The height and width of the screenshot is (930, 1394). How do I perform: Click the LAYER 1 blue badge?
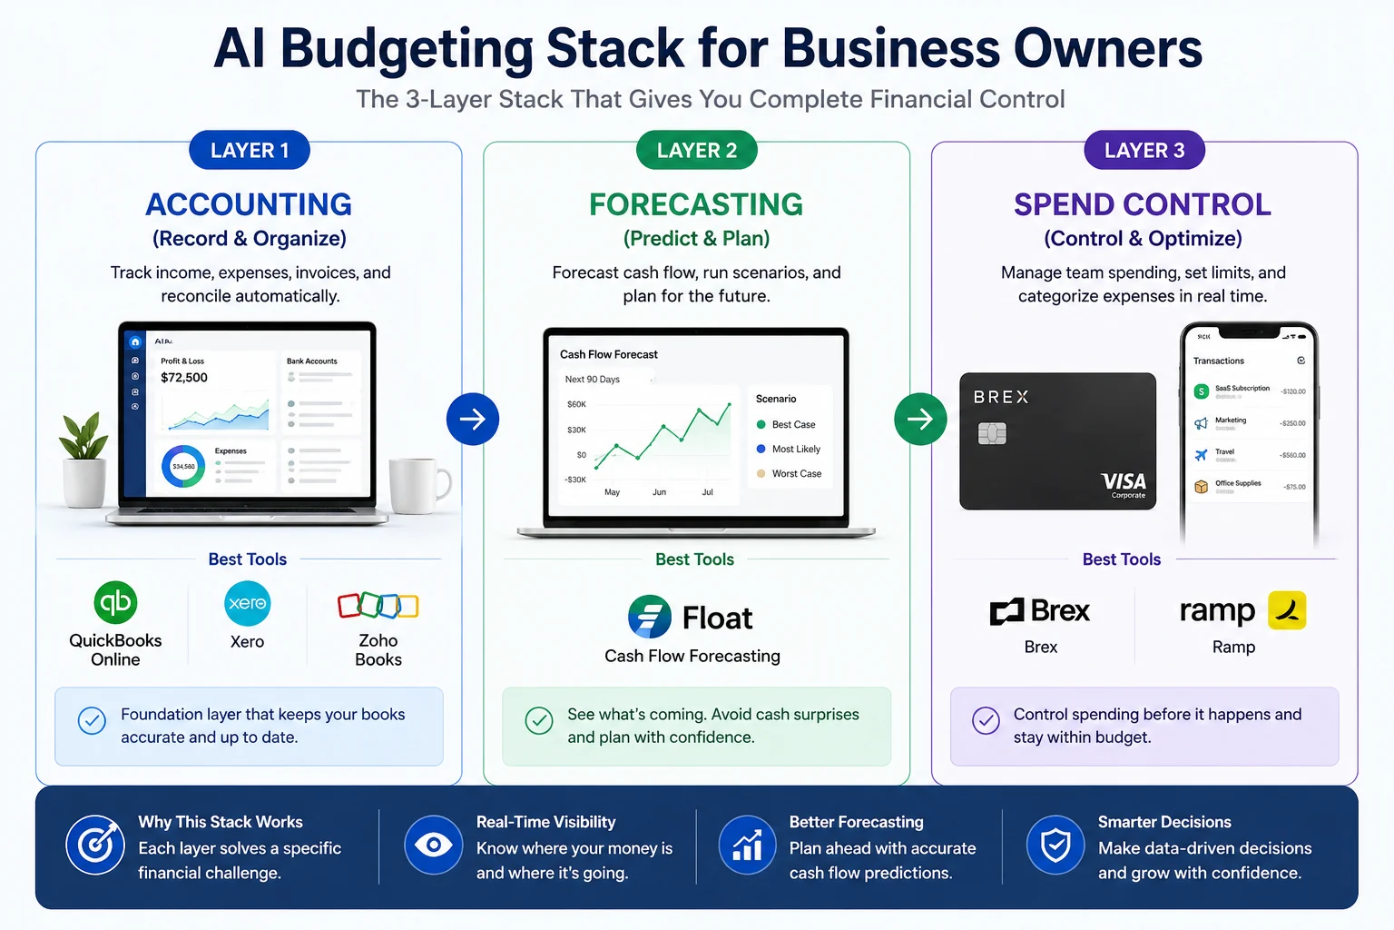250,151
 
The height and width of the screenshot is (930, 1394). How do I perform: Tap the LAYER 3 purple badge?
1144,151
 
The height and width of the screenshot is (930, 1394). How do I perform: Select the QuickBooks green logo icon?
115,602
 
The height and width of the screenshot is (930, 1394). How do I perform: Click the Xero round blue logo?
247,603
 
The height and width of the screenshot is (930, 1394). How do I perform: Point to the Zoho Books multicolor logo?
378,606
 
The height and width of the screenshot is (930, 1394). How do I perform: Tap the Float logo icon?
650,618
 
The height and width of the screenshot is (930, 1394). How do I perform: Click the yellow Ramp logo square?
1286,610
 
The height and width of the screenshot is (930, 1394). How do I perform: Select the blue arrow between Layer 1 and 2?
473,419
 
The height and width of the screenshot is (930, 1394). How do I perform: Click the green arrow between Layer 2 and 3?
920,419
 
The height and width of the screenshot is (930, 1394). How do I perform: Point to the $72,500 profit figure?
184,378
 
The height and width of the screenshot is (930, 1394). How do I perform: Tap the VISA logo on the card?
1124,481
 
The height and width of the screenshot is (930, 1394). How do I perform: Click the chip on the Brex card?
992,434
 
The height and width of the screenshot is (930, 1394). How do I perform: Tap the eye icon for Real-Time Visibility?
434,846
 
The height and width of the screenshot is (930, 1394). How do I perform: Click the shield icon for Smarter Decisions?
1055,846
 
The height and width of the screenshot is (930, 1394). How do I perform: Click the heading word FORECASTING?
696,204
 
